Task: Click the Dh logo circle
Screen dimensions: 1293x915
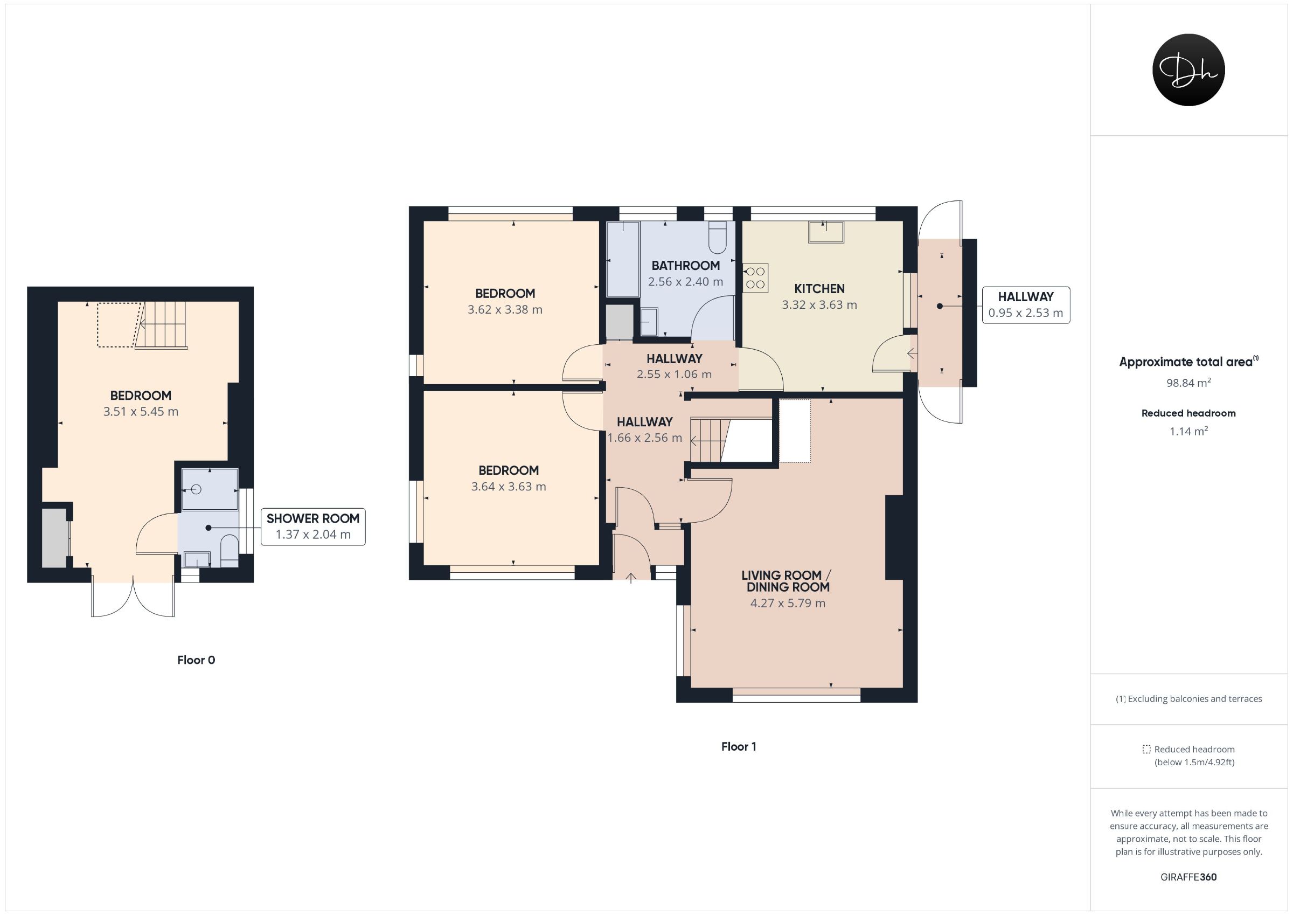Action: [1188, 70]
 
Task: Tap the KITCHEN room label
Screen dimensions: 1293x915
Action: [819, 289]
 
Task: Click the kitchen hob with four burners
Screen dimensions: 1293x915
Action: [755, 279]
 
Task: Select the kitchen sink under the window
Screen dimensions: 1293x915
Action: [826, 232]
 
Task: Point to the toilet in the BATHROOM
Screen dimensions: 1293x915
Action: [718, 238]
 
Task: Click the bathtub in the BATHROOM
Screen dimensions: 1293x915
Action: [623, 259]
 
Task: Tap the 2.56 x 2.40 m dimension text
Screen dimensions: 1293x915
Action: [685, 282]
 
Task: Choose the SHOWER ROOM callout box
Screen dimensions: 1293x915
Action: [313, 527]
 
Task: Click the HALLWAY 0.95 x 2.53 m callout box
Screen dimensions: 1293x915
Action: [1026, 305]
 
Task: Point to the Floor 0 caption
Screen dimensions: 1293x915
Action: [196, 660]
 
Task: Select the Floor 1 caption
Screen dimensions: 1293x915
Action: [738, 746]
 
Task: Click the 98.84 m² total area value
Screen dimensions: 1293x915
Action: [1188, 383]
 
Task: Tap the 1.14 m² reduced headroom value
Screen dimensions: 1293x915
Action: [1188, 431]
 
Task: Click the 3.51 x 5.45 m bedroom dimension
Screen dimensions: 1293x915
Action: [141, 412]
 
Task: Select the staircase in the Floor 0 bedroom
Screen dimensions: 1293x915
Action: [163, 325]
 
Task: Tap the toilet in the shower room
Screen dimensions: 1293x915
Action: [230, 551]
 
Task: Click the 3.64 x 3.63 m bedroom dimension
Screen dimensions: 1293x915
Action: [509, 487]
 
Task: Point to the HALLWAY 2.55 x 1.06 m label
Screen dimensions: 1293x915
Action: [674, 366]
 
